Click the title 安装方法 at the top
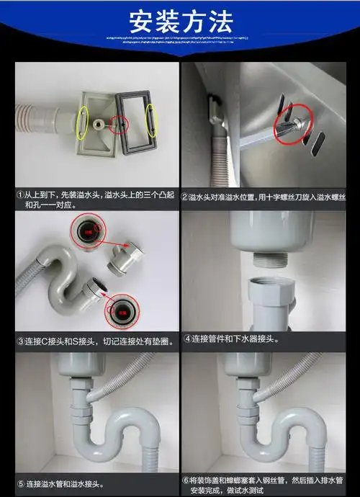point(179,17)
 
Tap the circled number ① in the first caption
point(22,196)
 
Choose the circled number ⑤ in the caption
point(22,484)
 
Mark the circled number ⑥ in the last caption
point(185,479)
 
